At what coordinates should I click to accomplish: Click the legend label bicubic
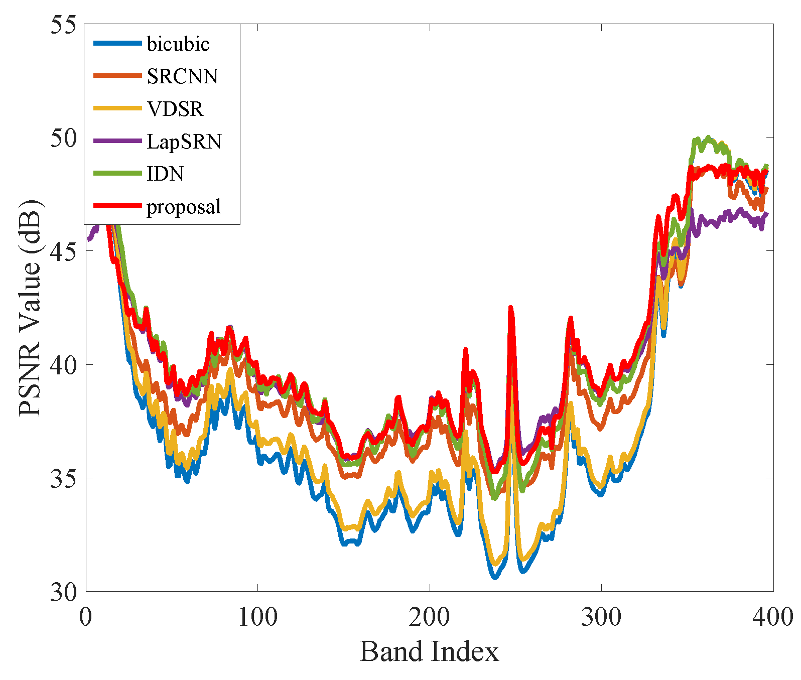coord(178,44)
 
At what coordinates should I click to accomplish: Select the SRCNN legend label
coord(182,76)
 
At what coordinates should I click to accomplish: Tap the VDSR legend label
coord(175,109)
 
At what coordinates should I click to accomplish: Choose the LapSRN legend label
coord(184,142)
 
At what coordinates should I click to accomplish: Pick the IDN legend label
coord(165,174)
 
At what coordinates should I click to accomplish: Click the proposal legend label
coord(184,206)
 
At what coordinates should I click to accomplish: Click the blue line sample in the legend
coord(117,44)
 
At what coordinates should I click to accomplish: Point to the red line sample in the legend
coord(117,206)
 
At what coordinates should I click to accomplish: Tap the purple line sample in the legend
coord(117,141)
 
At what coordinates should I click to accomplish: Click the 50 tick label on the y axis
coord(63,138)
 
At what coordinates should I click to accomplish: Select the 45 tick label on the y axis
coord(63,251)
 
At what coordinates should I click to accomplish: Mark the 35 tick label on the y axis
coord(63,478)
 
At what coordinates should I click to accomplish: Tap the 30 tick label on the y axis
coord(63,592)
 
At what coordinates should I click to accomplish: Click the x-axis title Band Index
coord(430,652)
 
